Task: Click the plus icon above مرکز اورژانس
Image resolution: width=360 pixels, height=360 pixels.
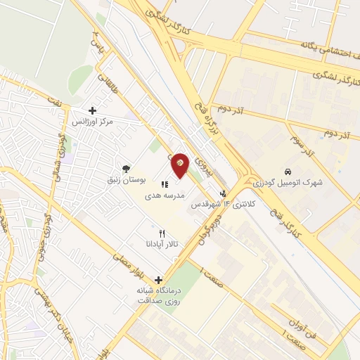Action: [92, 110]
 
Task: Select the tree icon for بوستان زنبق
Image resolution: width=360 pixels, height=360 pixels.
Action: [125, 168]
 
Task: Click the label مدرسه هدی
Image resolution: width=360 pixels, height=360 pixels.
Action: [163, 196]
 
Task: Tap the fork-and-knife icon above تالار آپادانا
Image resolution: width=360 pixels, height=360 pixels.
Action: [162, 233]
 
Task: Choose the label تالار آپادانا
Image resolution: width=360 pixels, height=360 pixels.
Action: [162, 244]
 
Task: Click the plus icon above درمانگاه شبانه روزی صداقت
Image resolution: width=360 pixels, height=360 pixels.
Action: [158, 280]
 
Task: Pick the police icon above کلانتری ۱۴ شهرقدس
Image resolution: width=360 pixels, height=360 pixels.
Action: [224, 193]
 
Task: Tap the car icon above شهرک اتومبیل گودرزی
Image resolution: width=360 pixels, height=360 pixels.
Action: [288, 172]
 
